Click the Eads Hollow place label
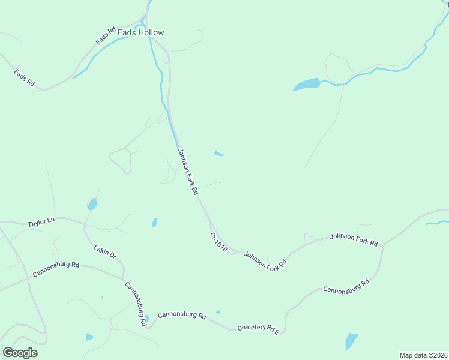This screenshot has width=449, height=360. pyautogui.click(x=140, y=33)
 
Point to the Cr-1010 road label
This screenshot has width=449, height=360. pyautogui.click(x=218, y=242)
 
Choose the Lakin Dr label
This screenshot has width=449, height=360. pyautogui.click(x=104, y=251)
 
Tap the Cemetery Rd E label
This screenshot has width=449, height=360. pyautogui.click(x=259, y=328)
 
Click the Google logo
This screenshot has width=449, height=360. pyautogui.click(x=20, y=352)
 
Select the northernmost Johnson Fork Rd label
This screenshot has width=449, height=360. pyautogui.click(x=188, y=172)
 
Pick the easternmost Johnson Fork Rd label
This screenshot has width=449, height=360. pyautogui.click(x=354, y=239)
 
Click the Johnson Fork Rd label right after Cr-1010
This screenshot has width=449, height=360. pyautogui.click(x=265, y=260)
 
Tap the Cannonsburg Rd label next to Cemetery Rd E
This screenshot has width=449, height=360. pyautogui.click(x=182, y=315)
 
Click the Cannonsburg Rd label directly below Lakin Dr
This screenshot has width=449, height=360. pyautogui.click(x=136, y=304)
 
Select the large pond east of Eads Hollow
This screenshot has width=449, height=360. pyautogui.click(x=307, y=85)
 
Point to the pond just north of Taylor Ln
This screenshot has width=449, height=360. pyautogui.click(x=92, y=205)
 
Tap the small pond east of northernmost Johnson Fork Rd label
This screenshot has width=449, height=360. pyautogui.click(x=219, y=154)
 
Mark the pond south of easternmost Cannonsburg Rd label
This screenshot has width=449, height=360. pyautogui.click(x=351, y=341)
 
